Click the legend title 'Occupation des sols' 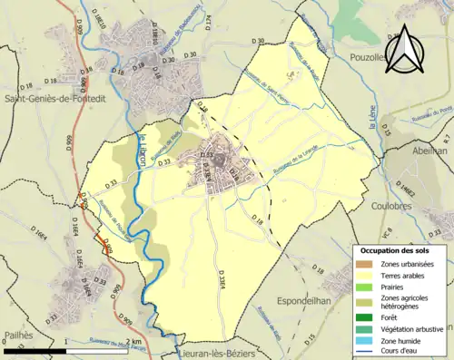(x=400, y=249)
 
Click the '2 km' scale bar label (x=135, y=342)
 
